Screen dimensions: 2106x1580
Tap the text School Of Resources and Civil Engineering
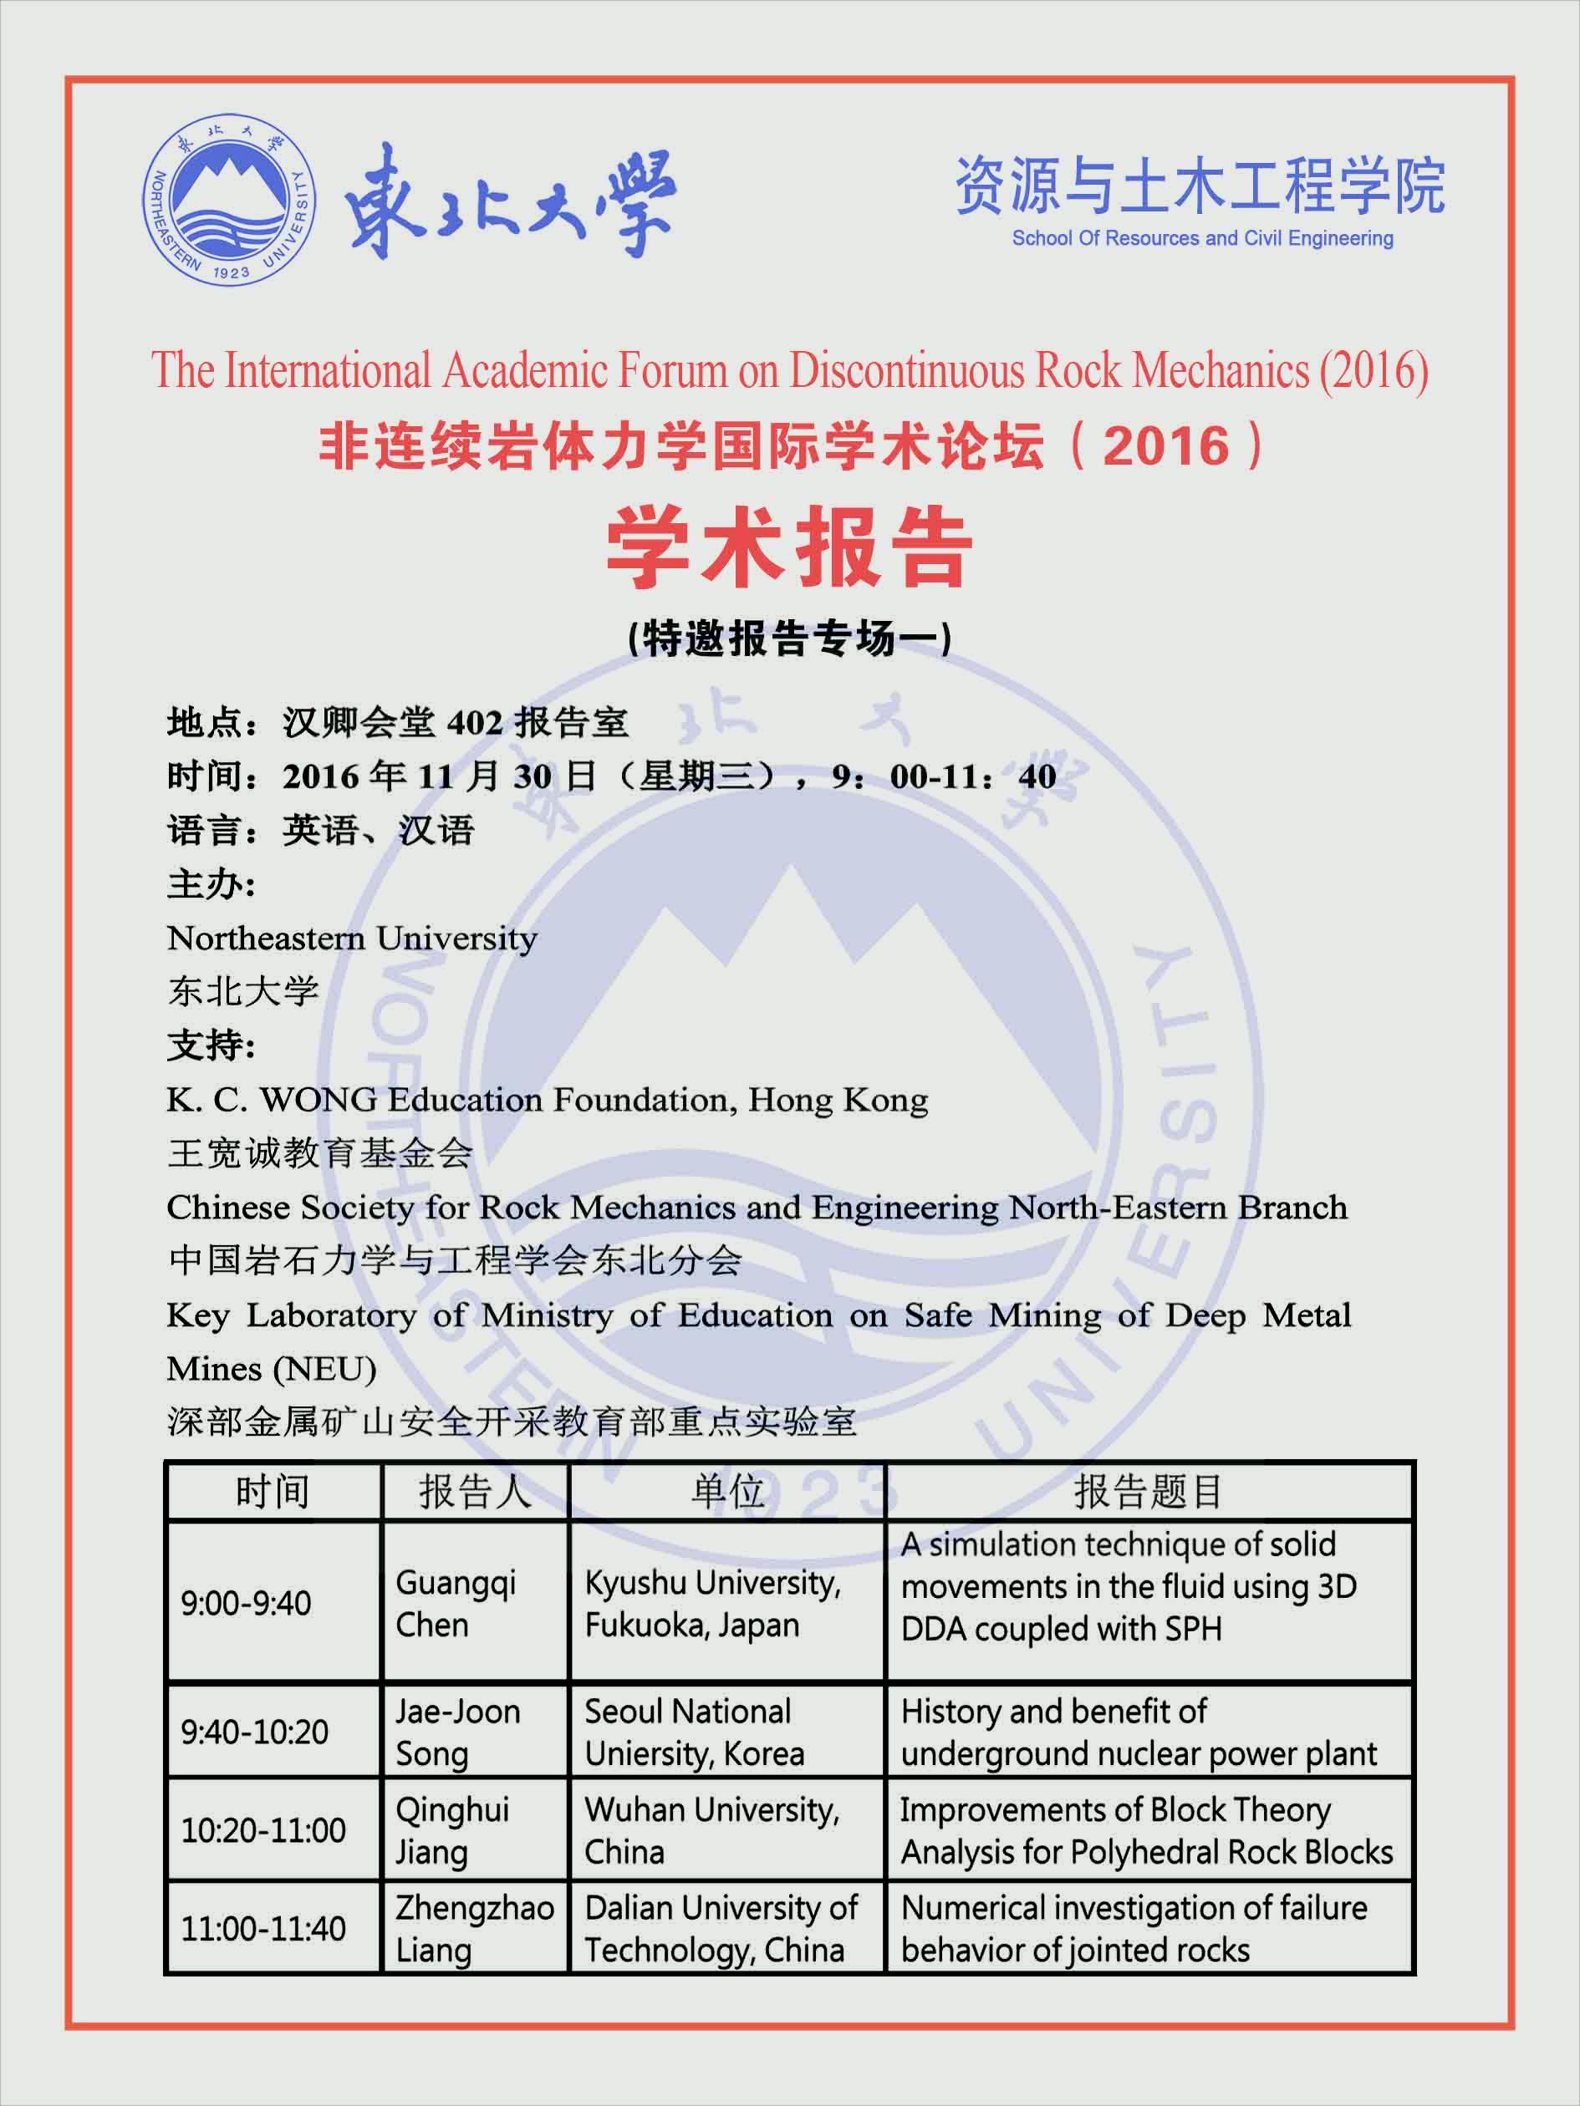coord(1202,238)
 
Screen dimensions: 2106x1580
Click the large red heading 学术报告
coord(789,549)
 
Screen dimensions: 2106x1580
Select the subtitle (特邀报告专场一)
coord(789,638)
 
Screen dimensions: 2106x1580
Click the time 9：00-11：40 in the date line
coord(944,777)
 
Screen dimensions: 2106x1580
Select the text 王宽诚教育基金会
coord(320,1154)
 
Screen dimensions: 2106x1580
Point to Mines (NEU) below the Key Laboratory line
coord(272,1369)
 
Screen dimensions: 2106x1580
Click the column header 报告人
coord(474,1492)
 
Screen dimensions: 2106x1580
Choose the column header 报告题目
coord(1148,1492)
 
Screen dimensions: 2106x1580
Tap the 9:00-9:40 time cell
coord(246,1603)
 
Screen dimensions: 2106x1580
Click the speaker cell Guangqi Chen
coord(456,1603)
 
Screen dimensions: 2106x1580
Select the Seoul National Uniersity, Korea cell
coord(695,1732)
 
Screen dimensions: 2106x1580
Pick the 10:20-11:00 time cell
coord(262,1830)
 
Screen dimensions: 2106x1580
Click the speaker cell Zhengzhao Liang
coord(474,1929)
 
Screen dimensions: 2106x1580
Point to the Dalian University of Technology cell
coord(721,1929)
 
